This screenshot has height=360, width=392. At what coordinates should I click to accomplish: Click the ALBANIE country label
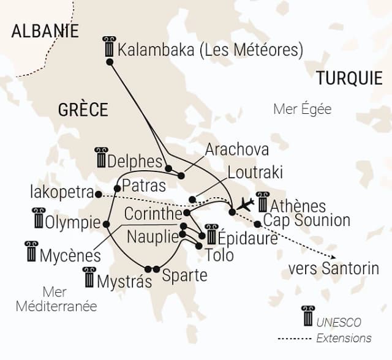(x=45, y=31)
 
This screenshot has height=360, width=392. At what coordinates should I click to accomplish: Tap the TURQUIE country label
(x=349, y=78)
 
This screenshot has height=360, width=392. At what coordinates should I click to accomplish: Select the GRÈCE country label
(x=83, y=110)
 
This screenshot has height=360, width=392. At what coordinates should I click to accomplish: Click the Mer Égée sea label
(x=303, y=110)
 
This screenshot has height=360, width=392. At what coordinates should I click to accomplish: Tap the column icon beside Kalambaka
(x=110, y=47)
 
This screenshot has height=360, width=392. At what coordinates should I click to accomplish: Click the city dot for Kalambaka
(x=110, y=62)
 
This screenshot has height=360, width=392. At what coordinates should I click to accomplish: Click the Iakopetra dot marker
(x=99, y=194)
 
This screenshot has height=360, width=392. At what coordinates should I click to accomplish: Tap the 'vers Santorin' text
(x=334, y=268)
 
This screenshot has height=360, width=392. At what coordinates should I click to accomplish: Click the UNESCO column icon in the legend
(x=308, y=317)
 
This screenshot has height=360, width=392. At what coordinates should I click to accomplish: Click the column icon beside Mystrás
(x=89, y=277)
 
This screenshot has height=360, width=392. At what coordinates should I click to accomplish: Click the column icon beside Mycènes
(x=31, y=250)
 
